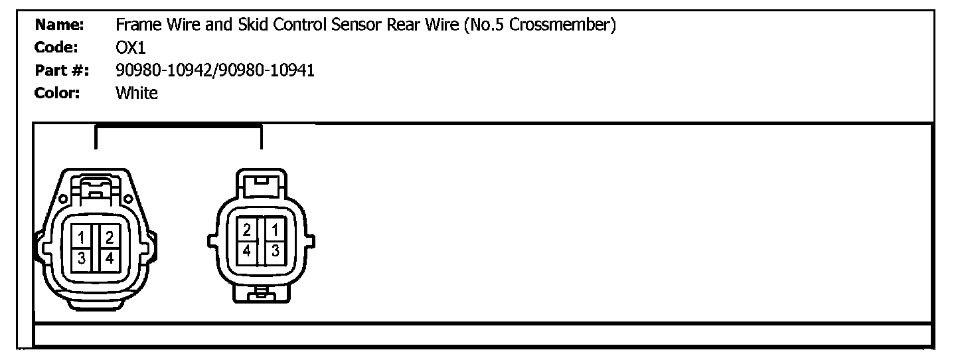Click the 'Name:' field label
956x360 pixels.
[x=58, y=26]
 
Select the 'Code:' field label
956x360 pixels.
[x=56, y=48]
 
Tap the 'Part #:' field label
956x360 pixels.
[x=63, y=70]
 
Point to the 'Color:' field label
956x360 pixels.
[x=57, y=93]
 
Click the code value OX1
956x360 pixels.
[x=130, y=48]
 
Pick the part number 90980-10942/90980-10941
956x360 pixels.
[x=215, y=70]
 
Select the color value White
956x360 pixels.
[x=137, y=93]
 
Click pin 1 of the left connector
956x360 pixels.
[x=80, y=237]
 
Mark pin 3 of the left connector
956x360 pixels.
[x=80, y=258]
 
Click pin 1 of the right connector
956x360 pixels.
[x=275, y=230]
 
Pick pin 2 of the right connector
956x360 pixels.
[x=247, y=230]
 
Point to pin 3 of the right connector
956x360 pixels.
[x=275, y=251]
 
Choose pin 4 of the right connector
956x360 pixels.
[x=247, y=251]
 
